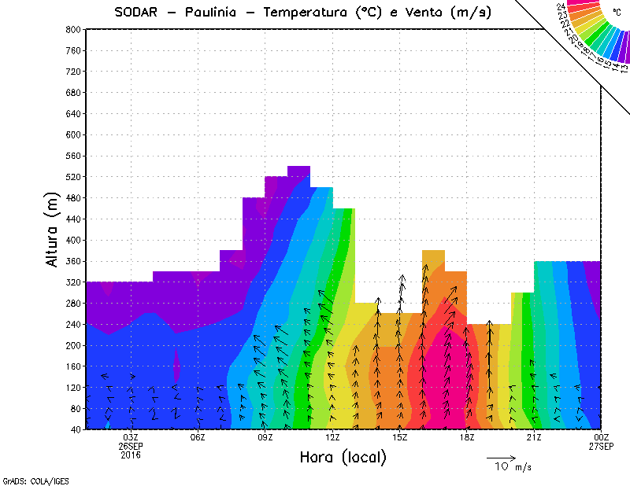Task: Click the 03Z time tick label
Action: point(131,437)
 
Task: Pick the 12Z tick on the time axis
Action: point(333,437)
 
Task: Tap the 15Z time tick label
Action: point(400,437)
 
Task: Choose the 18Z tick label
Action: point(468,437)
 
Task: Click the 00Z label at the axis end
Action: point(602,437)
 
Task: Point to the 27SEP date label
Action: point(602,446)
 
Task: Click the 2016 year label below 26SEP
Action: point(131,455)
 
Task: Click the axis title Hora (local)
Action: point(343,457)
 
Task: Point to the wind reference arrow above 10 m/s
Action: point(501,457)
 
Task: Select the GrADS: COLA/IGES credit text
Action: point(26,480)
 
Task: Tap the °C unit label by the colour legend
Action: point(616,12)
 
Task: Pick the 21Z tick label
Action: point(535,437)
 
